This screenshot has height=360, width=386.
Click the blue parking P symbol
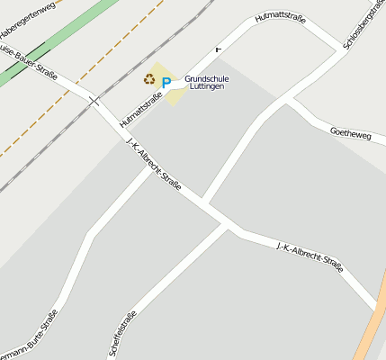166,83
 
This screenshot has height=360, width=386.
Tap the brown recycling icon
148,79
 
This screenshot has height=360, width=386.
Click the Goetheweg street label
351,132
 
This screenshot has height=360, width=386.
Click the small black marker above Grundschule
218,49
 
